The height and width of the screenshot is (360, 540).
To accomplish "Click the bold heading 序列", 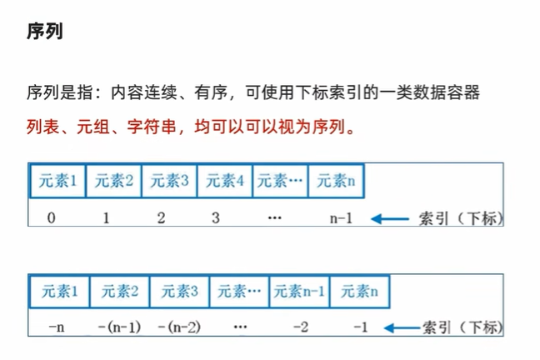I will point(46,35).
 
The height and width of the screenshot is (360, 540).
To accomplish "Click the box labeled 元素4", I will point(224,180).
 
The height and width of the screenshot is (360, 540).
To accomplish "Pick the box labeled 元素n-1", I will point(300,292).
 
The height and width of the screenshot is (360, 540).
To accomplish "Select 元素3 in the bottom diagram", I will point(179,292).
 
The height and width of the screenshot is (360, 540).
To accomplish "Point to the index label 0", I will point(52,218).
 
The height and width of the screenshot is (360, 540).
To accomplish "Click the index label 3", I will point(216,218).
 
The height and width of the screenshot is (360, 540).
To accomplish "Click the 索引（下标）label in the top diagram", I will point(460,219).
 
